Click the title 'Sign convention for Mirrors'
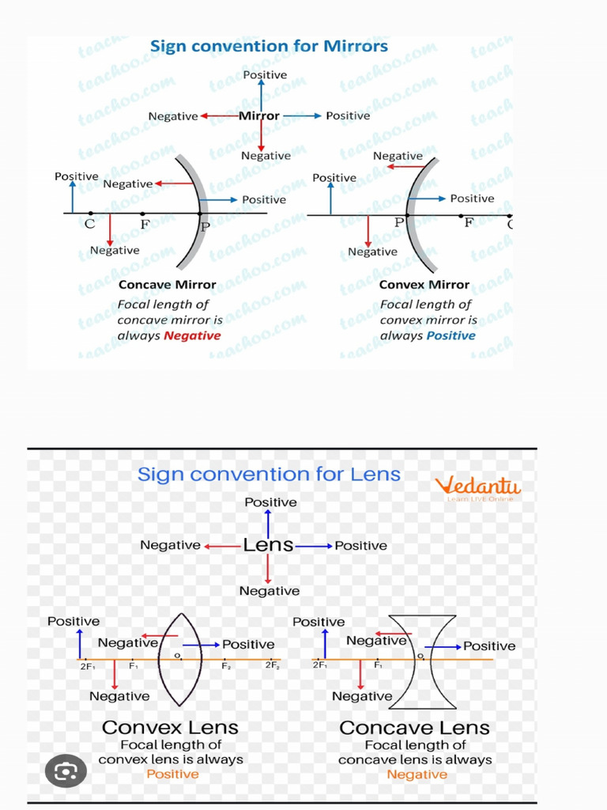click(269, 46)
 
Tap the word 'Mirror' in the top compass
click(259, 115)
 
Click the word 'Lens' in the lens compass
click(268, 545)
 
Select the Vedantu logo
click(479, 485)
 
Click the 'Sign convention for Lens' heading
click(269, 475)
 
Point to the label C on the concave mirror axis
click(90, 224)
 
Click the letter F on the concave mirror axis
click(145, 224)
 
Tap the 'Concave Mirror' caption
click(167, 285)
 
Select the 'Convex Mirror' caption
click(424, 285)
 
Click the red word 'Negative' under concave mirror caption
click(192, 335)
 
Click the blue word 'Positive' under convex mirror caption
click(451, 335)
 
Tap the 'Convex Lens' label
click(170, 728)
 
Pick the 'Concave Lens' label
click(414, 728)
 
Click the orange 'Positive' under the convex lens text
click(172, 774)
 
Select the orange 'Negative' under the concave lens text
click(417, 774)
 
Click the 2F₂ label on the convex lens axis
click(272, 666)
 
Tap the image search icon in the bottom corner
click(66, 768)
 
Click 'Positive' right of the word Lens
click(361, 546)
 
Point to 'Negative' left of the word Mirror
click(173, 116)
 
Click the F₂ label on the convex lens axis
click(226, 666)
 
